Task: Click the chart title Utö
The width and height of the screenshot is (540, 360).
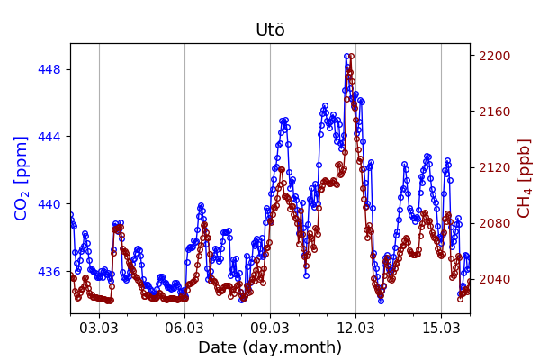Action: [x=270, y=31]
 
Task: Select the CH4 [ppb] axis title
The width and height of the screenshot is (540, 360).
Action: [x=524, y=178]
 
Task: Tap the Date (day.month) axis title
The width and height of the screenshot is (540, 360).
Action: [x=270, y=347]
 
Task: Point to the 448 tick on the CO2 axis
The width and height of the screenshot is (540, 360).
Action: [x=51, y=69]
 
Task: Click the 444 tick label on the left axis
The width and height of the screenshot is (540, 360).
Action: [x=51, y=137]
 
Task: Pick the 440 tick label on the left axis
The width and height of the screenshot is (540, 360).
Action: [x=51, y=204]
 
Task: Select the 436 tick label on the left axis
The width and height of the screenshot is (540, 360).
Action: [x=51, y=272]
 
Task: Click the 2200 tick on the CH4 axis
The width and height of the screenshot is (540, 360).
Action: [x=493, y=56]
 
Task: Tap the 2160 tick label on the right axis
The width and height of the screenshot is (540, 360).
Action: [x=493, y=112]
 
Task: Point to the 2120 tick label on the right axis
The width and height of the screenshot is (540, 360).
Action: [x=493, y=167]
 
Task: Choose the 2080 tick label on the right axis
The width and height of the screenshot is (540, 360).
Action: [x=493, y=223]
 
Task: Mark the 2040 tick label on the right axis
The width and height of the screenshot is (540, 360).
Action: [x=493, y=279]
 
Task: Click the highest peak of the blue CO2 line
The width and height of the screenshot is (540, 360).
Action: [x=346, y=57]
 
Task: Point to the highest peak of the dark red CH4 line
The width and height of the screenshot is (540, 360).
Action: [x=351, y=57]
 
